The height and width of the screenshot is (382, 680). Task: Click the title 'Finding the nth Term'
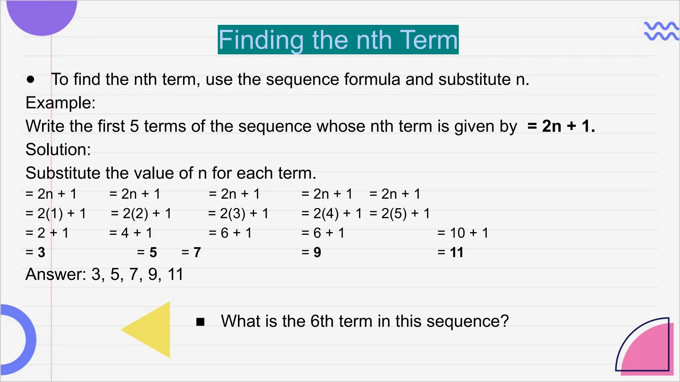click(x=338, y=40)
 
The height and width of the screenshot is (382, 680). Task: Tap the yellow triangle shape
click(x=153, y=330)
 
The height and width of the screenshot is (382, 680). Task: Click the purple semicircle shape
click(x=42, y=15)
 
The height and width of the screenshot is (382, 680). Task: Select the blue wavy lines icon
click(x=661, y=31)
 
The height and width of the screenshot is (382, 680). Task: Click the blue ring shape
click(x=20, y=340)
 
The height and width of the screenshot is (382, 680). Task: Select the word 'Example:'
click(x=60, y=103)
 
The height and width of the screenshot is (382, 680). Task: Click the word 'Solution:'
click(x=58, y=150)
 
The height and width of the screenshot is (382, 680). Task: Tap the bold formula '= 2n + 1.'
click(x=561, y=126)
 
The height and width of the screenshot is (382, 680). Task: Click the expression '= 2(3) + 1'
click(x=238, y=214)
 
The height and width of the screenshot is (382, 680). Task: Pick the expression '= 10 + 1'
click(x=463, y=233)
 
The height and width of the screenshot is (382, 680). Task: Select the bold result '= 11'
click(x=451, y=253)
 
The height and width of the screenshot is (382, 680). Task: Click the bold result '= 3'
click(x=35, y=253)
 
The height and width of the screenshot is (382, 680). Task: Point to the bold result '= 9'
click(x=311, y=253)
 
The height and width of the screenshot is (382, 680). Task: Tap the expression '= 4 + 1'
click(x=131, y=233)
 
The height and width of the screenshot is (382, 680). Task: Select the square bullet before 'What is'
click(x=200, y=322)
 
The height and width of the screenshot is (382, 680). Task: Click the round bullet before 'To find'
click(x=31, y=80)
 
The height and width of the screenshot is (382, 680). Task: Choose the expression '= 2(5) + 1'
click(x=400, y=214)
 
